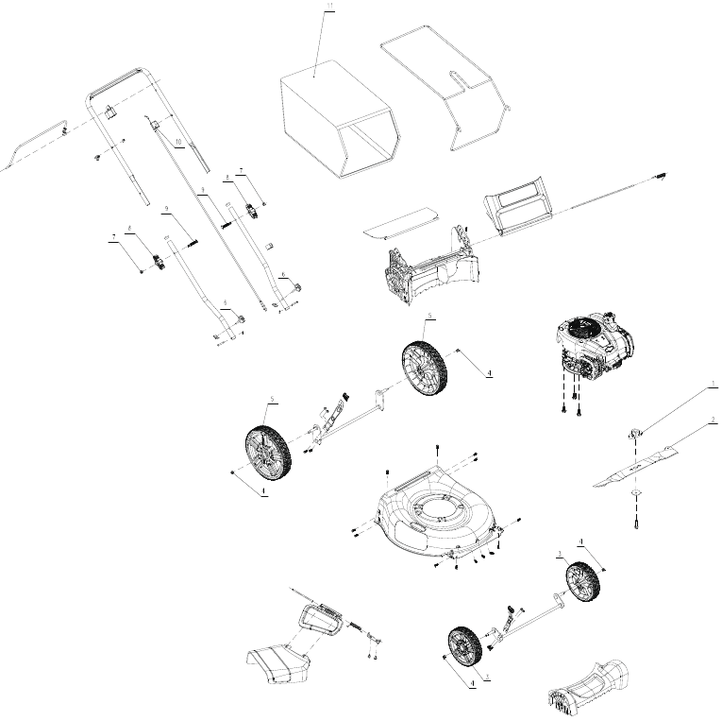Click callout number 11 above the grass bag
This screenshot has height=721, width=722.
click(328, 8)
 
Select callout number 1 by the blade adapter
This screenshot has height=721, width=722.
click(714, 386)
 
